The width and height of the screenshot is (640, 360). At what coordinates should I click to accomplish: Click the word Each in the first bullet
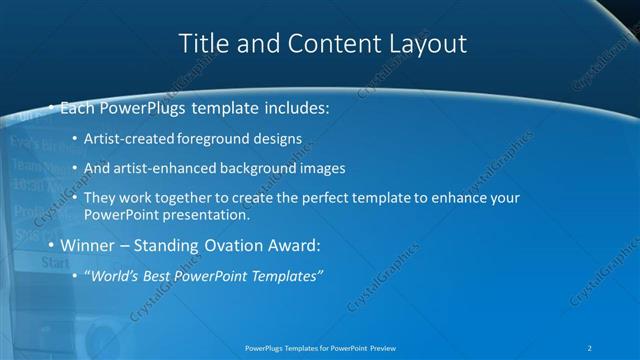pyautogui.click(x=81, y=107)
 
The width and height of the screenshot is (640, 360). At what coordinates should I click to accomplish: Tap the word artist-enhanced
pyautogui.click(x=166, y=168)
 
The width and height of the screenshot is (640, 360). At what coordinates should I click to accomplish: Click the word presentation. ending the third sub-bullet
pyautogui.click(x=211, y=214)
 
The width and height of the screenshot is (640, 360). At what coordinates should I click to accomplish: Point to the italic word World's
pyautogui.click(x=117, y=276)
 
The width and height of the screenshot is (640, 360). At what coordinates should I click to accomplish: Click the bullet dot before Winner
pyautogui.click(x=52, y=245)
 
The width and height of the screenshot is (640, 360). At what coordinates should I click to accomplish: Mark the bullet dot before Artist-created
pyautogui.click(x=77, y=138)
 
